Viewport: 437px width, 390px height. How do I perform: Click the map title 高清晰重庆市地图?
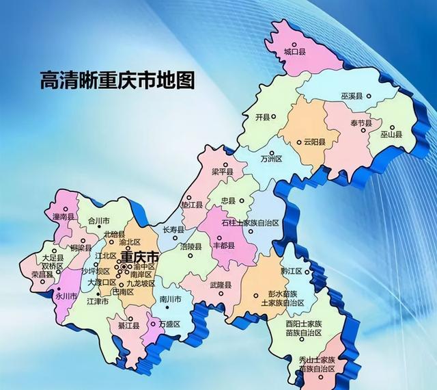tap(117, 80)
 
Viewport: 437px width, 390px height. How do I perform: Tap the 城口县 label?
tap(295, 51)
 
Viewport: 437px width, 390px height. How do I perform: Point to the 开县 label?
tap(263, 117)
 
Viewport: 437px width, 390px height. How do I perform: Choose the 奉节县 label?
tap(361, 122)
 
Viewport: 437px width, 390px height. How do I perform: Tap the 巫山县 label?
tap(391, 135)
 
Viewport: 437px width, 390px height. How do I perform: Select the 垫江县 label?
tap(192, 204)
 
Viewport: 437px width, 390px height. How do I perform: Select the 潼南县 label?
tap(61, 216)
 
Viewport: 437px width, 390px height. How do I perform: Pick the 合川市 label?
tap(98, 221)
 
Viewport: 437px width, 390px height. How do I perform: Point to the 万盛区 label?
tap(169, 324)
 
